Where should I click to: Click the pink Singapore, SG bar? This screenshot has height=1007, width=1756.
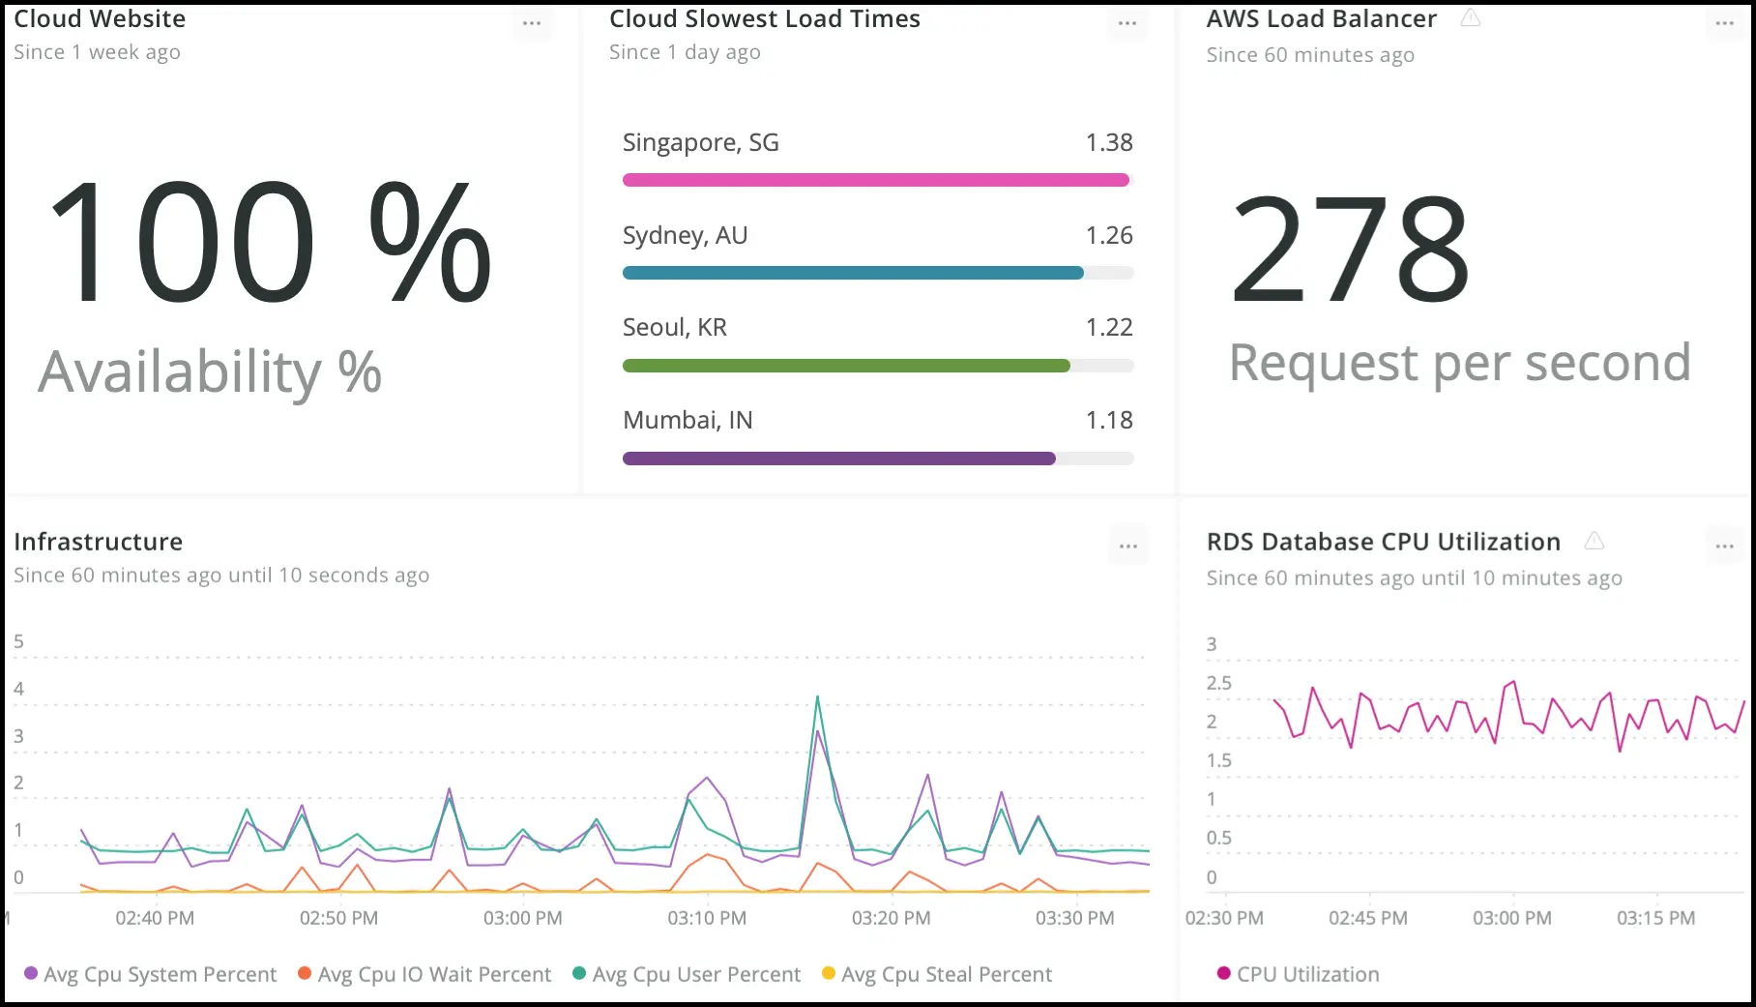[875, 180]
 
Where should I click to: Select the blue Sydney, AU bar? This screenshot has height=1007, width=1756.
[853, 273]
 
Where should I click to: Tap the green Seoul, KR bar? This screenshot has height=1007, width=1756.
[846, 366]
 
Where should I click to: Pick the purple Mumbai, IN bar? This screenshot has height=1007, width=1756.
[838, 459]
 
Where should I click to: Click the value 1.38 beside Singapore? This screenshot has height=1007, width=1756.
[1108, 143]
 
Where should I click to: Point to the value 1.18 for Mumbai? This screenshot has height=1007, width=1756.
[1108, 421]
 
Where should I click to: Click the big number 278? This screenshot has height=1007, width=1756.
[1350, 249]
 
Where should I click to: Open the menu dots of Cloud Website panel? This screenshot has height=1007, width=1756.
[532, 23]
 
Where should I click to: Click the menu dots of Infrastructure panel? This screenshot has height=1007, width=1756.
[1127, 547]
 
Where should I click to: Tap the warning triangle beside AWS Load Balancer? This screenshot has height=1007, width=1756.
[1470, 18]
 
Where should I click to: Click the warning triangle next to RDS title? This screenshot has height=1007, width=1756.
[1594, 541]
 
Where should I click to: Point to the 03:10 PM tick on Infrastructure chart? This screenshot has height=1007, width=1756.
[707, 918]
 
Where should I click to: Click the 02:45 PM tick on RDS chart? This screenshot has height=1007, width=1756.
[1367, 918]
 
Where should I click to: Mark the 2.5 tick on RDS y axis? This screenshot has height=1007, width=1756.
[1218, 683]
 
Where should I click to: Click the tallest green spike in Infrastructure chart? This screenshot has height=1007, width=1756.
[817, 697]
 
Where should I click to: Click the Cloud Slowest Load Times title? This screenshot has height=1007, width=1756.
[764, 18]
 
